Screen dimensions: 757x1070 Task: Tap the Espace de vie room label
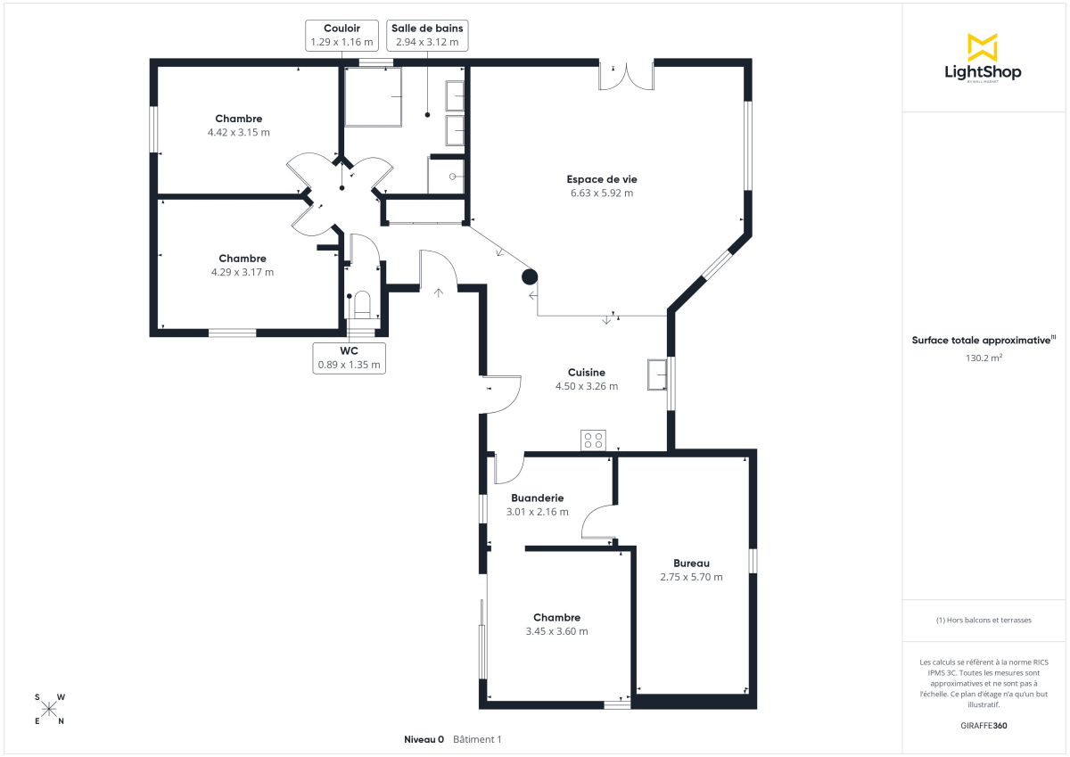tap(601, 179)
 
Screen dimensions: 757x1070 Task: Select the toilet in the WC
tap(362, 306)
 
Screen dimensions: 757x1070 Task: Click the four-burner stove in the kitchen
tap(593, 440)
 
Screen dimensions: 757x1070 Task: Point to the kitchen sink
tap(658, 374)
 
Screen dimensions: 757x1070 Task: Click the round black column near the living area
tap(530, 277)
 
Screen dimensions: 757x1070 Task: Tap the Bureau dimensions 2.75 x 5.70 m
tap(691, 577)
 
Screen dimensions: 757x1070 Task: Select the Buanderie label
tap(537, 498)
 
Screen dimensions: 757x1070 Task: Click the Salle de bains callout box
tap(427, 35)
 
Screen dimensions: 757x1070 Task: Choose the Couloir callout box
tap(342, 35)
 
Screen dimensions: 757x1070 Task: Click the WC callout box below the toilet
tap(349, 358)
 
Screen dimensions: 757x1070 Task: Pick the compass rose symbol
tap(49, 709)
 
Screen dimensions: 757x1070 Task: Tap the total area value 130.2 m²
tap(984, 358)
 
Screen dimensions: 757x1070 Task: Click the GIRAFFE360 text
tap(984, 726)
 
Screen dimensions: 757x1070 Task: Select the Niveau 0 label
tap(424, 739)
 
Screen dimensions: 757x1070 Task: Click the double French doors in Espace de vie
tap(626, 77)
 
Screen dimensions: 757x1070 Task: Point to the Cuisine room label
tap(587, 373)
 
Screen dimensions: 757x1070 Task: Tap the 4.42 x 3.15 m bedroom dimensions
tap(238, 132)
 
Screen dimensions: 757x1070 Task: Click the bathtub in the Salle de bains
tap(373, 96)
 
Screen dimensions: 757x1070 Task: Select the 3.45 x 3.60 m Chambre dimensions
tap(556, 631)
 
